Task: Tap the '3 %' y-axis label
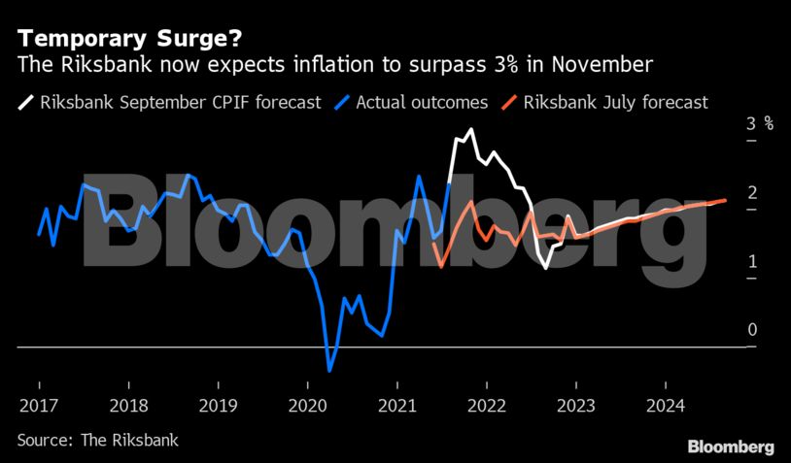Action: pyautogui.click(x=759, y=124)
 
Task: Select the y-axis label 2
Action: pyautogui.click(x=752, y=193)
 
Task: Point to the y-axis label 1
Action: pyautogui.click(x=752, y=262)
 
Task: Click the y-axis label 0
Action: pyautogui.click(x=752, y=331)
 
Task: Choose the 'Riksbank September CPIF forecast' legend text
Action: pyautogui.click(x=180, y=101)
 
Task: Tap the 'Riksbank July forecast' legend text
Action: pyautogui.click(x=616, y=101)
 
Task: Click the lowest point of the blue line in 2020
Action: pyautogui.click(x=329, y=371)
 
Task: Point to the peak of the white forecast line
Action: pyautogui.click(x=471, y=129)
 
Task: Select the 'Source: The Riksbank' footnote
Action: pyautogui.click(x=98, y=440)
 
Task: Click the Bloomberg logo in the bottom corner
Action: pyautogui.click(x=731, y=446)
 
